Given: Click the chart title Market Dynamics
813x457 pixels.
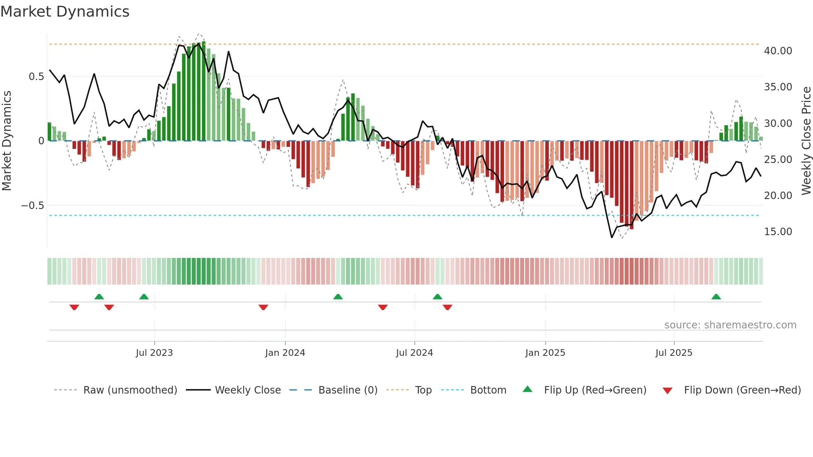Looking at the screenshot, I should click(x=65, y=12).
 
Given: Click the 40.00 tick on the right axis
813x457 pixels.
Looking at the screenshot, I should click(x=778, y=51).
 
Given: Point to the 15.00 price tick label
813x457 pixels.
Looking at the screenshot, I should click(x=778, y=232).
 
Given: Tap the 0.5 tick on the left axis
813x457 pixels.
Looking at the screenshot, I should click(x=37, y=77).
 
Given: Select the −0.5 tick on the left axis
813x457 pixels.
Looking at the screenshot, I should click(x=33, y=206).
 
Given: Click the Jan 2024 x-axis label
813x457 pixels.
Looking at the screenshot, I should click(x=285, y=353).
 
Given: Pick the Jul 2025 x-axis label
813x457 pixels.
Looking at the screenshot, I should click(x=674, y=353).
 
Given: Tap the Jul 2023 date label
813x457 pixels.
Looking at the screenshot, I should click(x=154, y=353).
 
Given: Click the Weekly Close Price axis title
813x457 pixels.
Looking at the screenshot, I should click(x=806, y=141).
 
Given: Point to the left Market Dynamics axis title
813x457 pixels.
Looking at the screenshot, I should click(x=7, y=141).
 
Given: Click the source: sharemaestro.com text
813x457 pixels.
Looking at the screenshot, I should click(x=730, y=325).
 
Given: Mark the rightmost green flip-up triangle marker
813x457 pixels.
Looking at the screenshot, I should click(x=716, y=297).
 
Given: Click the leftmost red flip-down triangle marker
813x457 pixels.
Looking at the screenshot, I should click(x=74, y=307).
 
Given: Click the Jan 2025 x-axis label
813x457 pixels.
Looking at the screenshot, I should click(x=545, y=353).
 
